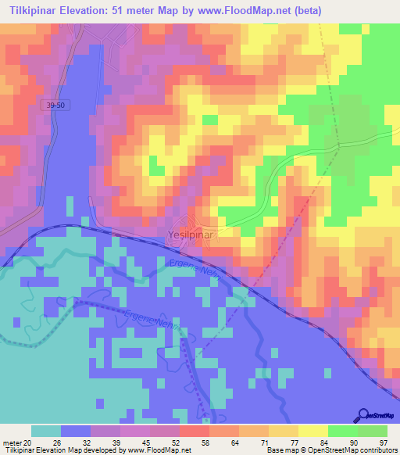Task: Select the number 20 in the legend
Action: (30, 442)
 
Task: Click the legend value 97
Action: (383, 442)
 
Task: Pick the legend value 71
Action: (264, 442)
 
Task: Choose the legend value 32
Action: (86, 442)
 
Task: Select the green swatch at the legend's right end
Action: (373, 431)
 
